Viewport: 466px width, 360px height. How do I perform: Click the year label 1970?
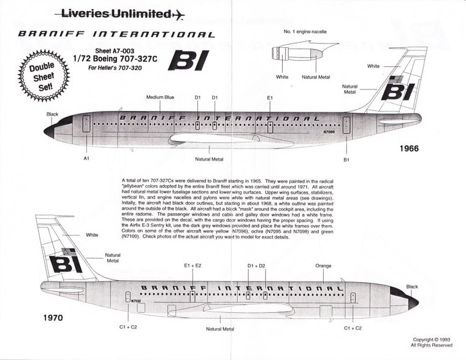click(x=53, y=318)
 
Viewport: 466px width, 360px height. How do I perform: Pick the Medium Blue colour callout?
click(x=160, y=98)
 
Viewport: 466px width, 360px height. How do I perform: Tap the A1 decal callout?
click(x=86, y=158)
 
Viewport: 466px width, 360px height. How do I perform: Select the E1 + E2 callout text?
click(x=193, y=266)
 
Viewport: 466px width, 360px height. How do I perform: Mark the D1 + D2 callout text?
click(x=256, y=266)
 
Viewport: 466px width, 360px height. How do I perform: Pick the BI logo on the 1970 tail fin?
click(x=65, y=262)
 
